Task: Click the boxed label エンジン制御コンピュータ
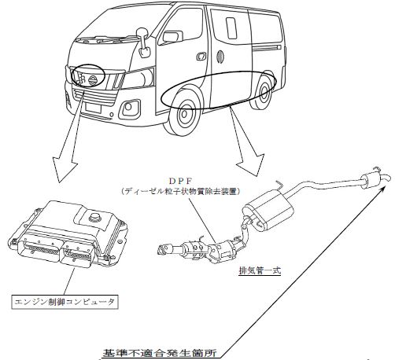click(x=65, y=303)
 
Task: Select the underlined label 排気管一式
click(x=260, y=270)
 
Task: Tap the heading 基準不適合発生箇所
click(x=160, y=353)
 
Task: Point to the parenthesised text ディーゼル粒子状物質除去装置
click(x=181, y=192)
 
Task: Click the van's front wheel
click(x=184, y=114)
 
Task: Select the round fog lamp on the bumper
click(x=129, y=107)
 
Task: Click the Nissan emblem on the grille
click(x=93, y=79)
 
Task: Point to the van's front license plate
click(x=93, y=108)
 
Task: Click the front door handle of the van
click(x=201, y=56)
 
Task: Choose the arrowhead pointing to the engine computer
click(x=65, y=168)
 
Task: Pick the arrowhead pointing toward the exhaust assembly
click(x=251, y=164)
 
